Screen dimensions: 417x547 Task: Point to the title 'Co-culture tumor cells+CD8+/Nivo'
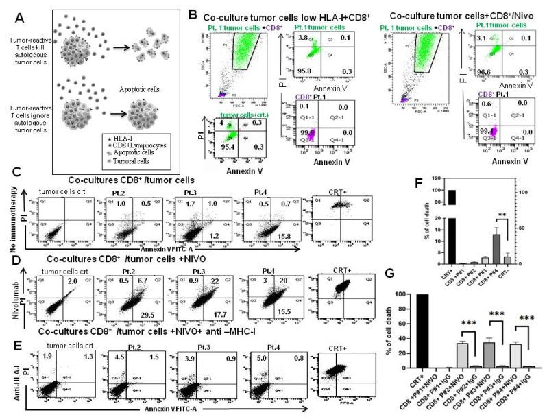[x=457, y=15]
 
